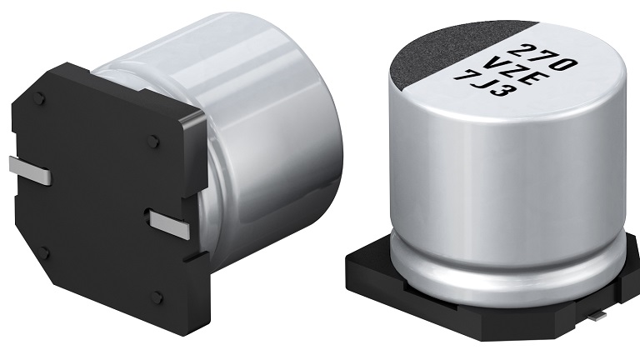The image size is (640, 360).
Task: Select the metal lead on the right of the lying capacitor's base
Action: [x=171, y=224]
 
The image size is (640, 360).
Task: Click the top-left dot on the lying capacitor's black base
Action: [x=38, y=98]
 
